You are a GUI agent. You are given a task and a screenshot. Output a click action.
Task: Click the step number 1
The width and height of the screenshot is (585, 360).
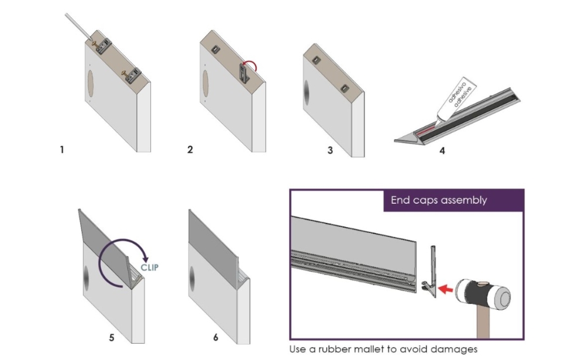pyautogui.click(x=61, y=150)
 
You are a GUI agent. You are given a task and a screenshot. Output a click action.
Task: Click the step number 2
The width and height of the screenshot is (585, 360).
pyautogui.click(x=190, y=150)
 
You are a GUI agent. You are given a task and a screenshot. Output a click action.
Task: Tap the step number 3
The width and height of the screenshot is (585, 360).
pyautogui.click(x=330, y=150)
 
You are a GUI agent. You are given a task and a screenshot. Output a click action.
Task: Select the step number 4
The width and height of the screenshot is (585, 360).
pyautogui.click(x=442, y=150)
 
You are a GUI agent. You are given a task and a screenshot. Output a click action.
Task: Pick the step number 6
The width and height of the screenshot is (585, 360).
pyautogui.click(x=215, y=338)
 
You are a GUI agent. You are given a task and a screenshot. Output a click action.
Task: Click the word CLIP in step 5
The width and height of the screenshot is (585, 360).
pyautogui.click(x=150, y=268)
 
